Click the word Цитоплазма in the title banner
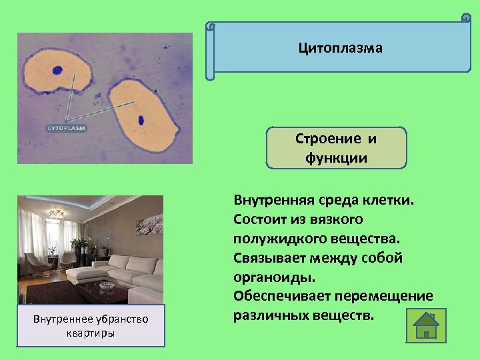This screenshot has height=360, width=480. tap(340, 48)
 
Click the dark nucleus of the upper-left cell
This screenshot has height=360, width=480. tap(59, 69)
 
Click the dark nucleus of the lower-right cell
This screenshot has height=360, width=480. tap(141, 121)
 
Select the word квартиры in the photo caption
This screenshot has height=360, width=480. tap(91, 333)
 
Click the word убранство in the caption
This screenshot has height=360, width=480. tap(123, 319)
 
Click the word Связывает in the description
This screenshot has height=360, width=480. tap(265, 257)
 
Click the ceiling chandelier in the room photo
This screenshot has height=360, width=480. tap(56, 214)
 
